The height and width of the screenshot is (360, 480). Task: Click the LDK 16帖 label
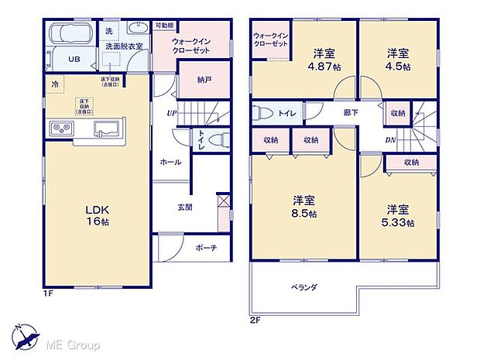(x=95, y=214)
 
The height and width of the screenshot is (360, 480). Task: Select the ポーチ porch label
(x=206, y=248)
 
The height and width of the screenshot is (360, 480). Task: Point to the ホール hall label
(x=171, y=163)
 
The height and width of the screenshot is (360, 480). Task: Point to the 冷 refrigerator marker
(x=55, y=84)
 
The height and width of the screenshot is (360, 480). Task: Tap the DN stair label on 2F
(x=392, y=141)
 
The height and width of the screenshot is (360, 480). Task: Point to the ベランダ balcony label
(x=304, y=286)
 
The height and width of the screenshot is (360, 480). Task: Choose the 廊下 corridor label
(x=351, y=113)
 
